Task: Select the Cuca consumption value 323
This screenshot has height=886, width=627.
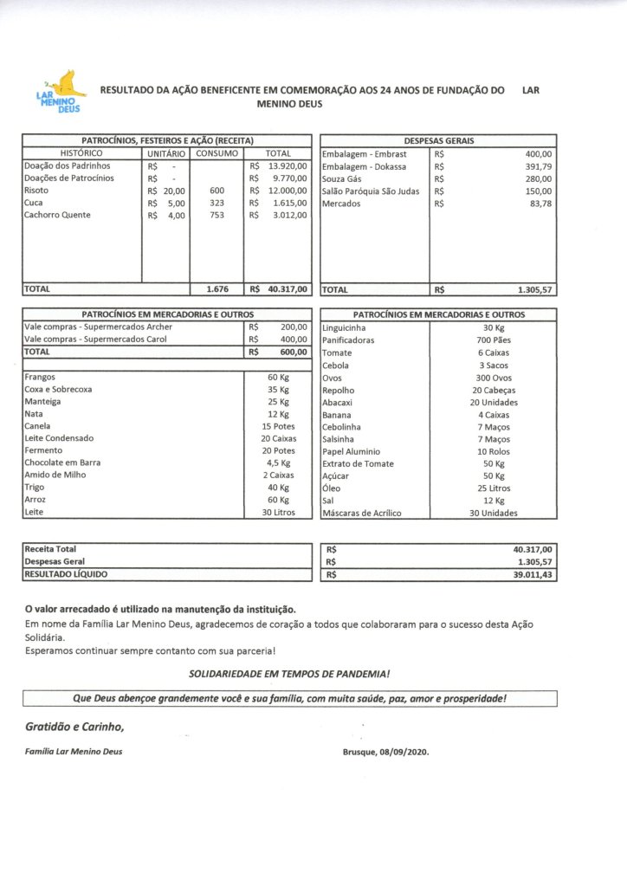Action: click(217, 203)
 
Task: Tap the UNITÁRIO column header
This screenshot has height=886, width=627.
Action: click(165, 152)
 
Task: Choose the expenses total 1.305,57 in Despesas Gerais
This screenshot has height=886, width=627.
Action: click(534, 290)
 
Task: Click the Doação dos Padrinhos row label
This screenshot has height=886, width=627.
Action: click(68, 165)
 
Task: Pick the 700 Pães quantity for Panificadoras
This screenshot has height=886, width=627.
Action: click(494, 341)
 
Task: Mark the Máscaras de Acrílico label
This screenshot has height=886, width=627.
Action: click(361, 513)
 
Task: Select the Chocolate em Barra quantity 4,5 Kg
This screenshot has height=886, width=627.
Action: click(278, 463)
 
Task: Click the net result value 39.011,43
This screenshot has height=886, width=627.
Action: click(532, 574)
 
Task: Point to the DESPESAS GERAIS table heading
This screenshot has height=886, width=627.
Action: click(438, 140)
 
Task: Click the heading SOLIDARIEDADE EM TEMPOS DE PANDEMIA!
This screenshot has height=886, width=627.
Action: click(289, 674)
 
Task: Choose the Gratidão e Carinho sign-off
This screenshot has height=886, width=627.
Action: click(74, 726)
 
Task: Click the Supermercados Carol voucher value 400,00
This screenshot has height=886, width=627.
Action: click(294, 340)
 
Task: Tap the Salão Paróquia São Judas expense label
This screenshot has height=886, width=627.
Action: click(371, 191)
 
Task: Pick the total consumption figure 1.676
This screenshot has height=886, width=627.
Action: click(217, 290)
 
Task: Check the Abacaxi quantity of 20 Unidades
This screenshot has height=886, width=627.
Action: click(494, 403)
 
